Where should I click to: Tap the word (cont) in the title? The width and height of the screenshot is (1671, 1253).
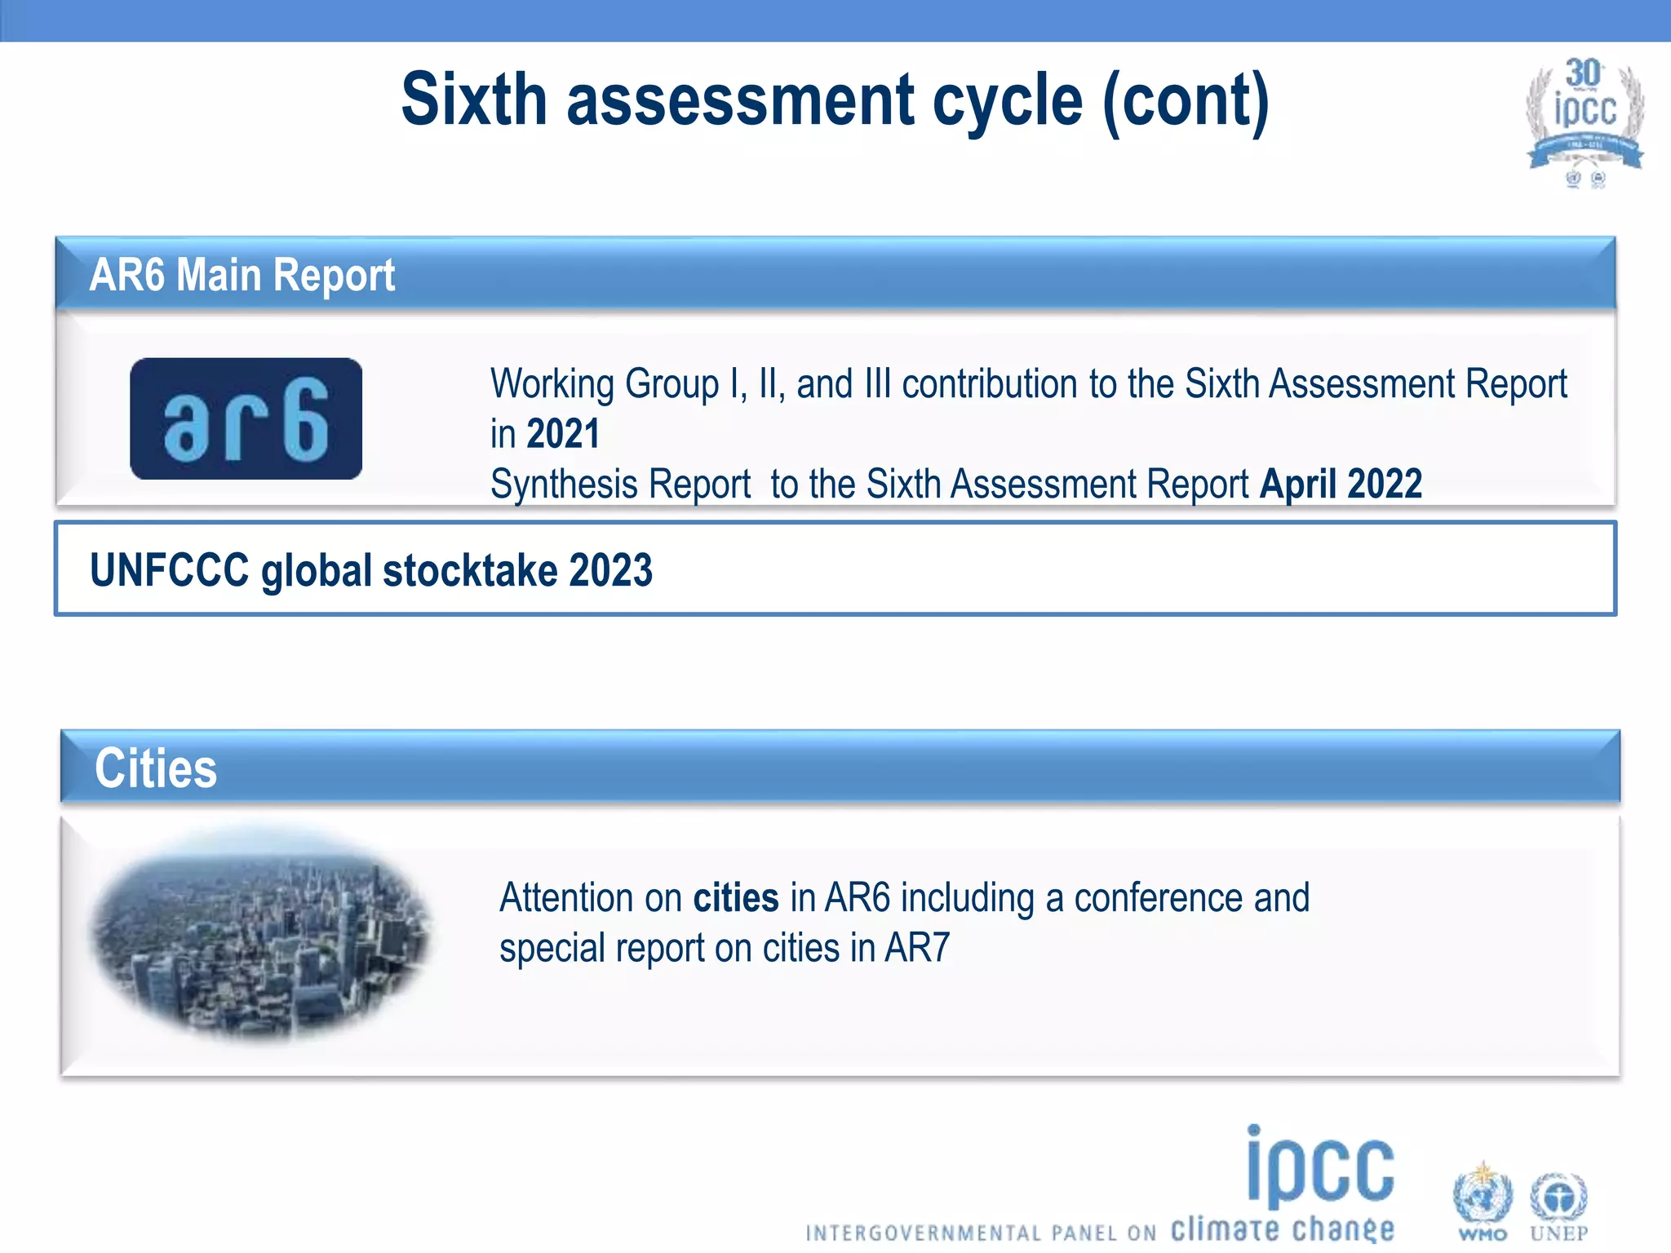(x=1186, y=101)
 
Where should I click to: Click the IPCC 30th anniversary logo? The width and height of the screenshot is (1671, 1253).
(x=1585, y=121)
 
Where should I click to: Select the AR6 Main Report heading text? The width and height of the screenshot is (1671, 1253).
(x=242, y=275)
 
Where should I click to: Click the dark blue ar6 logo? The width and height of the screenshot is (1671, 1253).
(x=246, y=418)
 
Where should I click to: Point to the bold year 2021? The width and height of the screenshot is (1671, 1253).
(x=563, y=434)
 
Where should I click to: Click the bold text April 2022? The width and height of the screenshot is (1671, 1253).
(x=1341, y=484)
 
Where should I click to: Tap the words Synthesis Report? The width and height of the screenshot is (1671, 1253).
(x=620, y=485)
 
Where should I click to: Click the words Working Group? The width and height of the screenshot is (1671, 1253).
(x=605, y=384)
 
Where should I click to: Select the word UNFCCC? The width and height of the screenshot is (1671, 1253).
(x=169, y=570)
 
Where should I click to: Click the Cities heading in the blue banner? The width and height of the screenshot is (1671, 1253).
(x=155, y=768)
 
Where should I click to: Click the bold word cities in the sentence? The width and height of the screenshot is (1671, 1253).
(x=735, y=898)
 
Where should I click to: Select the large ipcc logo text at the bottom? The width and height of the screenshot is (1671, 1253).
(x=1319, y=1168)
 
